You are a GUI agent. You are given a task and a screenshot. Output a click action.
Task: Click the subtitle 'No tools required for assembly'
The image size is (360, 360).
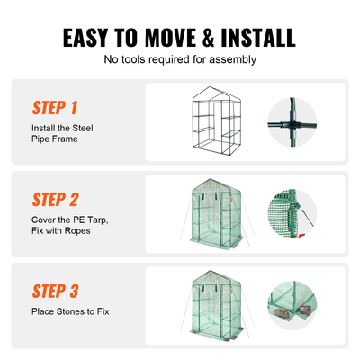click(180, 60)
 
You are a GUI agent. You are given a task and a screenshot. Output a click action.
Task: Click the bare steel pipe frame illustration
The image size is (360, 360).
click(213, 123)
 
